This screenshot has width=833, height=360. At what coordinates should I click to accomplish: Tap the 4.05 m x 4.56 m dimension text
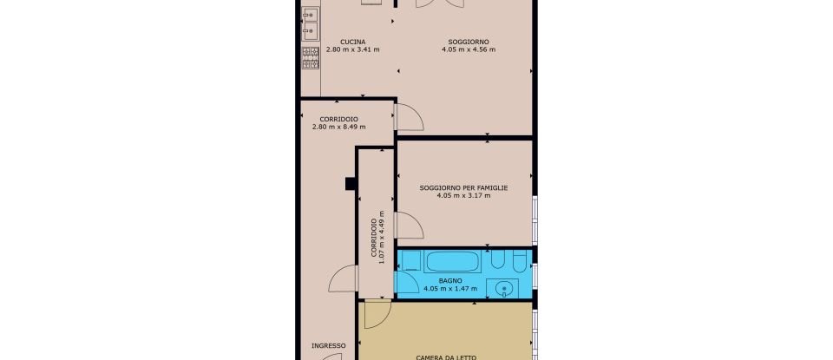[468, 49]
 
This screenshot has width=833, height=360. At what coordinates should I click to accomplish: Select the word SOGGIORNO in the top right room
[468, 42]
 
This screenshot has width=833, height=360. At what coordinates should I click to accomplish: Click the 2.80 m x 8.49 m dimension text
[338, 127]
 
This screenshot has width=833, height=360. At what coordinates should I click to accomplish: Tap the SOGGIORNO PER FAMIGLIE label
[463, 187]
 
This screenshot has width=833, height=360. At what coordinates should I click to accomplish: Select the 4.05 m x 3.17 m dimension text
[463, 195]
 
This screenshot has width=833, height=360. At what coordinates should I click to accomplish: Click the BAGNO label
[449, 281]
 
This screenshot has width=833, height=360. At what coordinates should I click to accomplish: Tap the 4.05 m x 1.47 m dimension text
[449, 289]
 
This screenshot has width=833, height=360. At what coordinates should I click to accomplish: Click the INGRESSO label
[329, 345]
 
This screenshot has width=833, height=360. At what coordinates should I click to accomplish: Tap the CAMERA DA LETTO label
[446, 357]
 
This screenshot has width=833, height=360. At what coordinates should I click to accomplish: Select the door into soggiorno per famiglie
[408, 224]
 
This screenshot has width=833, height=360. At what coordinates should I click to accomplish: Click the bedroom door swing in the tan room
[377, 314]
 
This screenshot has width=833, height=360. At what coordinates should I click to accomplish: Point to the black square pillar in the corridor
[351, 182]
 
